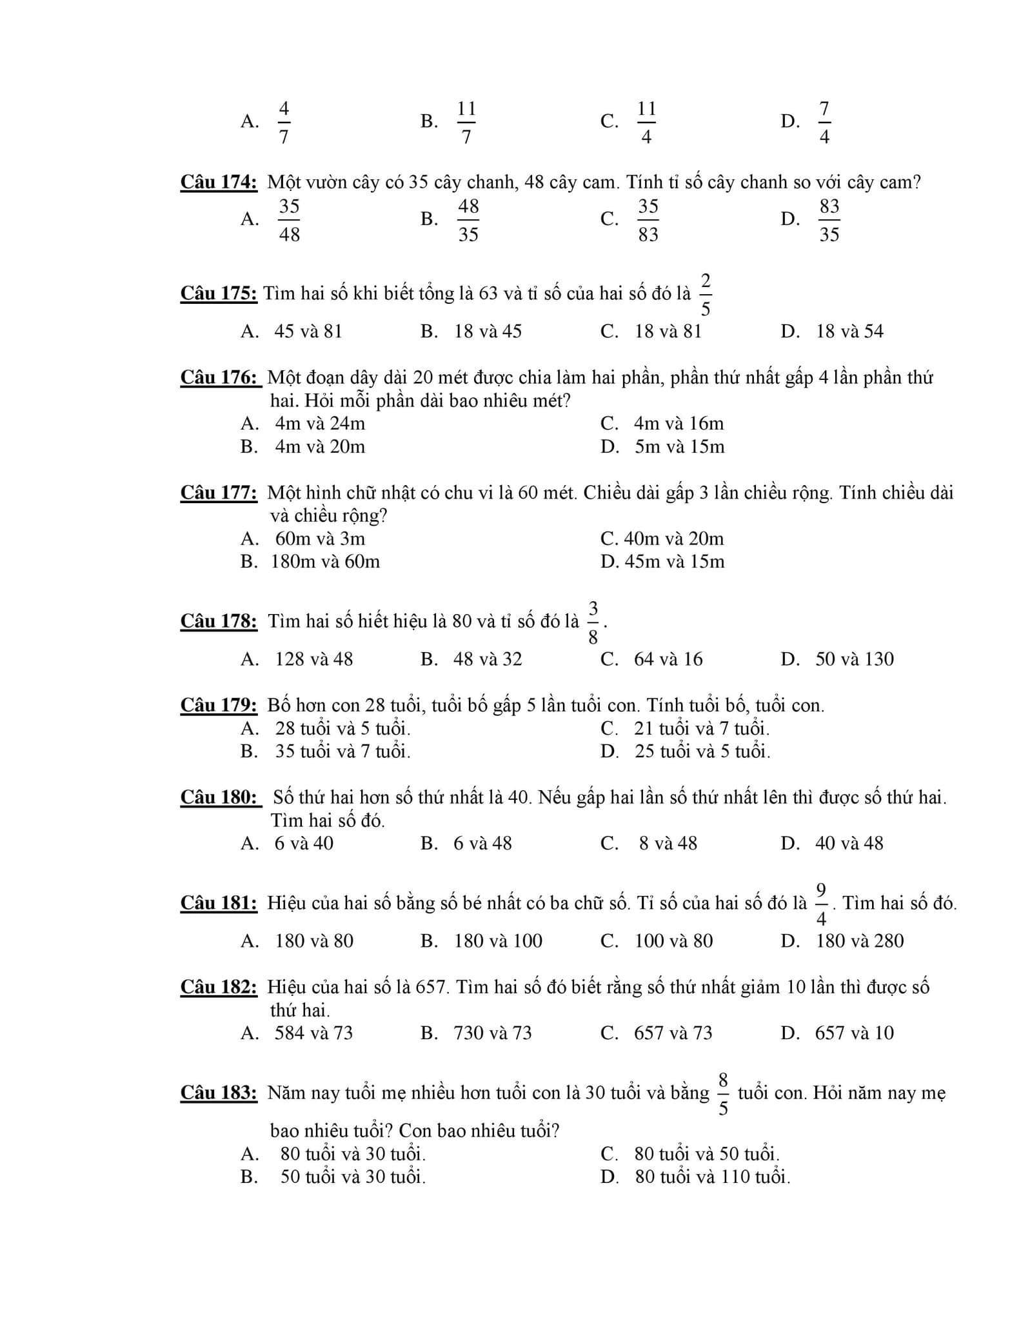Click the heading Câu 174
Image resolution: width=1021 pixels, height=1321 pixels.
pos(219,183)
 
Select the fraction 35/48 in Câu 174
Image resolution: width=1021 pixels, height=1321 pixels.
pos(289,220)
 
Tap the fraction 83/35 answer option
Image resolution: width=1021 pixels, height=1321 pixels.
pos(829,220)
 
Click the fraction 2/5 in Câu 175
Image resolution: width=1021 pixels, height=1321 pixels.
pos(706,295)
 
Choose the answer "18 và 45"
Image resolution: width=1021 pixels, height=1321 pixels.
pos(488,332)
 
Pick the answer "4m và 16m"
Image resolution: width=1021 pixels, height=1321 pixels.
pos(679,424)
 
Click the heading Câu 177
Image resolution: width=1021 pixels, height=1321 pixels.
pos(219,493)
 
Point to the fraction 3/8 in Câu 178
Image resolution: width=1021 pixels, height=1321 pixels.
pos(593,622)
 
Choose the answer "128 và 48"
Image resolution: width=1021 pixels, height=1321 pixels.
pos(313,659)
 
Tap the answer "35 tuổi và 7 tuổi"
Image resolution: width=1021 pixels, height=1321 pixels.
pos(342,751)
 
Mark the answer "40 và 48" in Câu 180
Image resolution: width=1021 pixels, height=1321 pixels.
pos(849,843)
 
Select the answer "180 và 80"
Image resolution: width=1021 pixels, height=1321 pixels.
pos(314,941)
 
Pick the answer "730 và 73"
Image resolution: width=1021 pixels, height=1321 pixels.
pos(493,1033)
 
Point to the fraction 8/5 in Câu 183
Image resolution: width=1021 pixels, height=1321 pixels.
pos(723,1094)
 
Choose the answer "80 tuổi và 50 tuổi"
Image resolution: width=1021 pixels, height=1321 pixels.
pos(706,1154)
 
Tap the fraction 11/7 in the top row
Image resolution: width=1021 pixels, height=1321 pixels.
pos(466,123)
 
